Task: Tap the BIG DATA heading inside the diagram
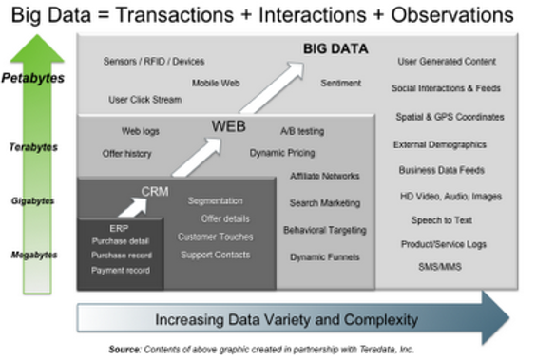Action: click(x=335, y=48)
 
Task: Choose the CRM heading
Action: click(x=155, y=191)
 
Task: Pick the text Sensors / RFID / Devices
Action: click(x=154, y=62)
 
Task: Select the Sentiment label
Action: click(x=340, y=84)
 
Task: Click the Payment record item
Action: click(x=121, y=271)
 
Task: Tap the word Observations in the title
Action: click(x=440, y=15)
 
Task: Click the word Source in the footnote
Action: click(x=124, y=350)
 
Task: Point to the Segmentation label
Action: click(x=216, y=201)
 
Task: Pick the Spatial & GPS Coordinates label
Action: click(x=450, y=117)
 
